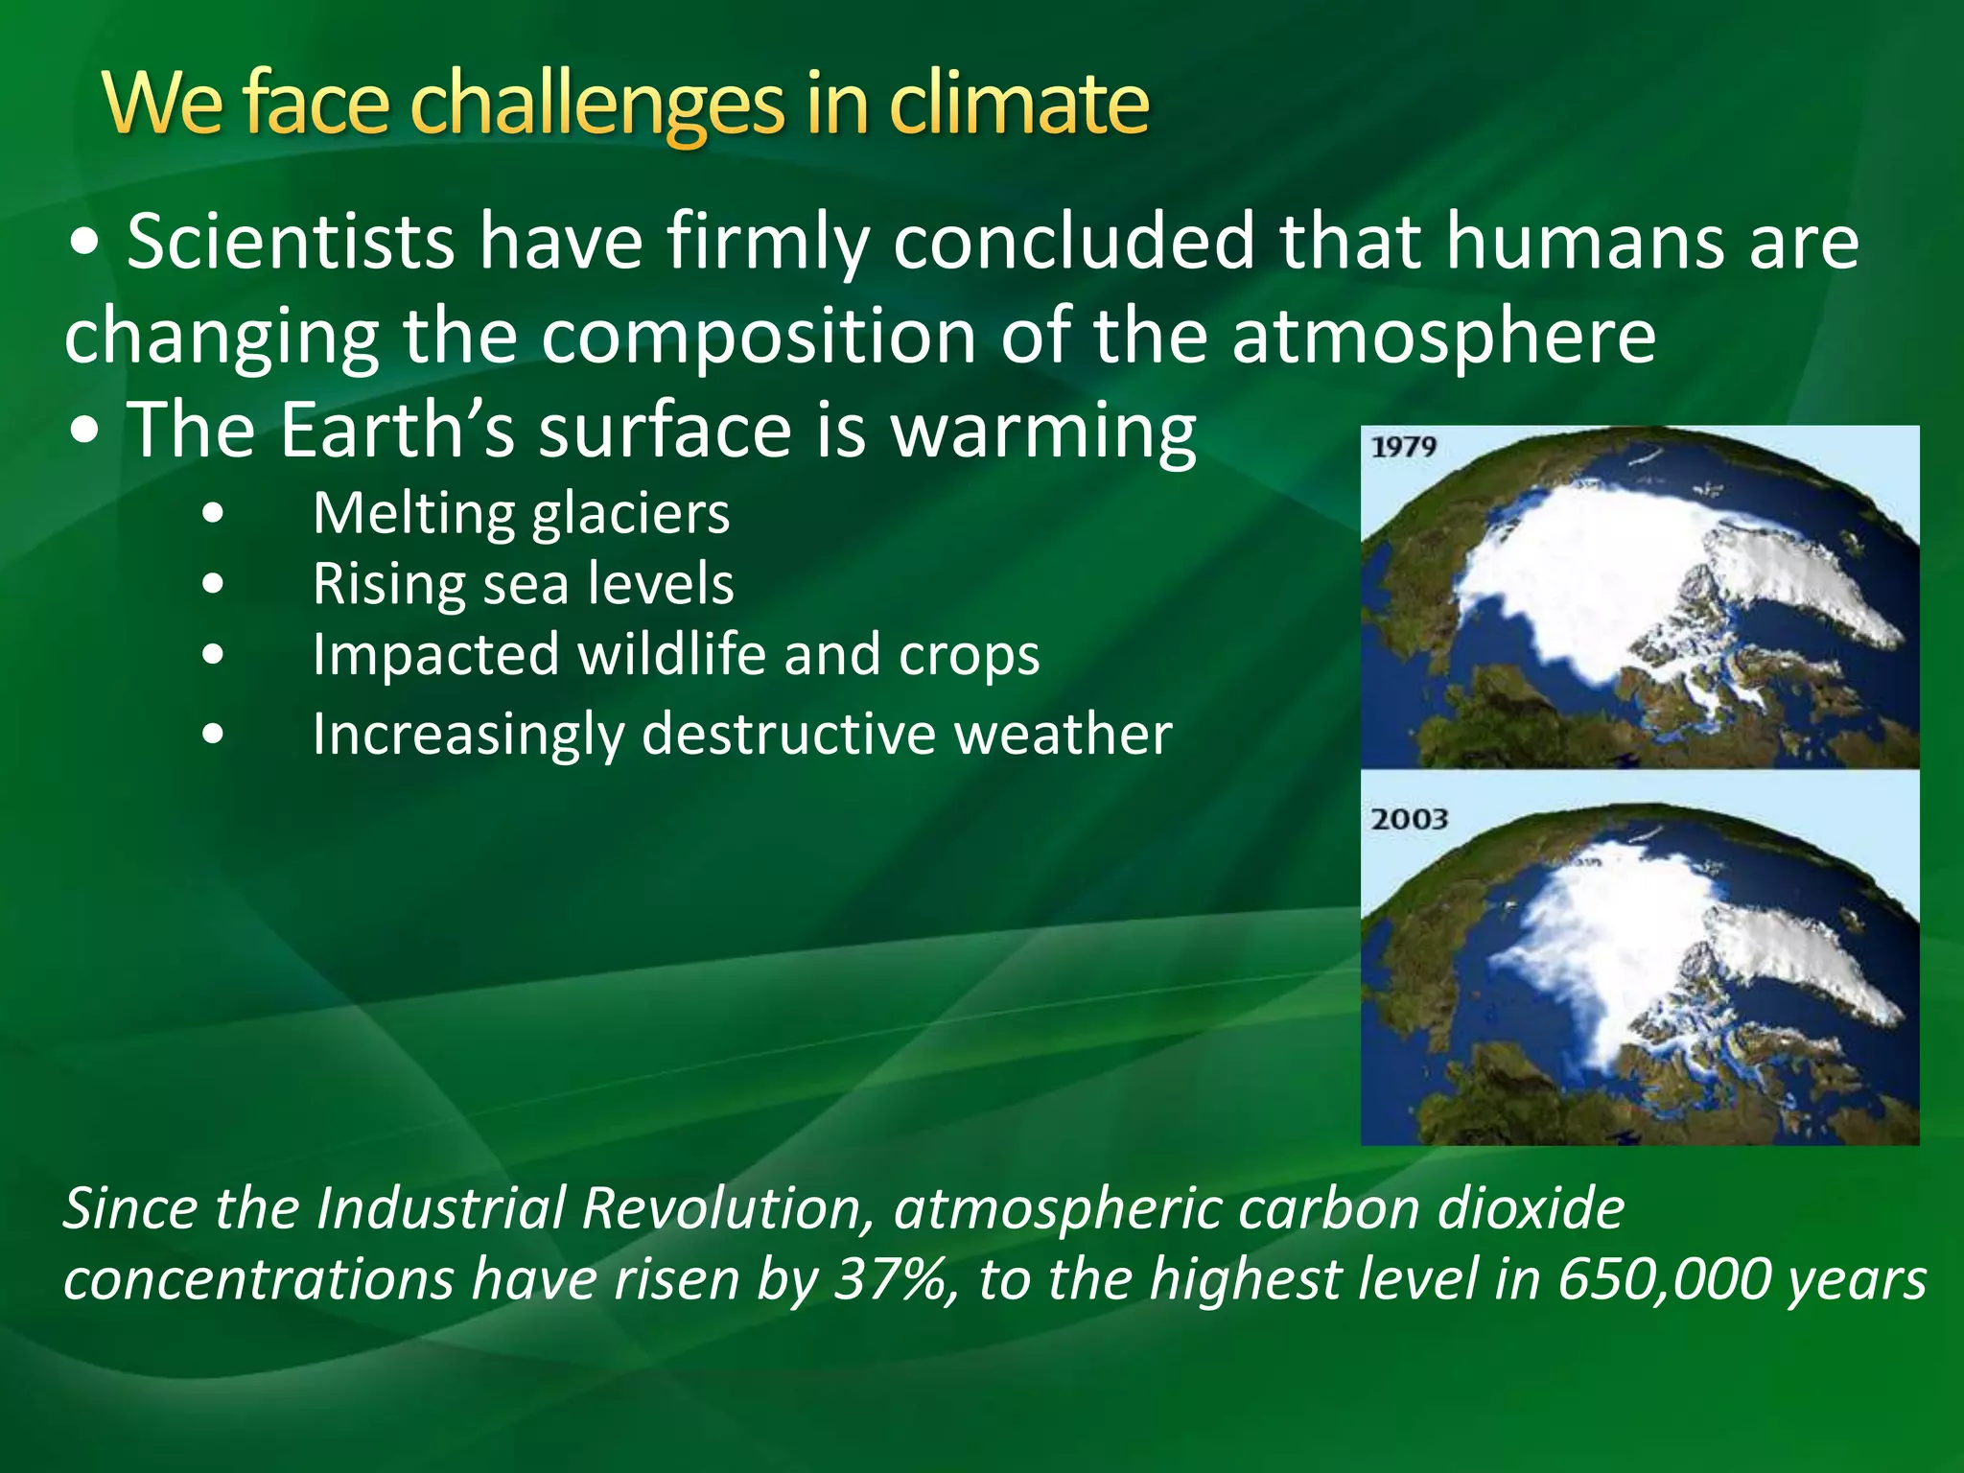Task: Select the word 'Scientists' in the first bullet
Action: pyautogui.click(x=290, y=242)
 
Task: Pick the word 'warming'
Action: pyautogui.click(x=1043, y=432)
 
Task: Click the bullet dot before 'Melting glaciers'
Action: pyautogui.click(x=214, y=514)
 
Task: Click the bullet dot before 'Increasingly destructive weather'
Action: pyautogui.click(x=214, y=735)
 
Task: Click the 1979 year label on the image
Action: pyautogui.click(x=1403, y=447)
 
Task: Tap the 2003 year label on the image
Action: pyautogui.click(x=1408, y=819)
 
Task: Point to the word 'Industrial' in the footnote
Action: pyautogui.click(x=443, y=1208)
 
